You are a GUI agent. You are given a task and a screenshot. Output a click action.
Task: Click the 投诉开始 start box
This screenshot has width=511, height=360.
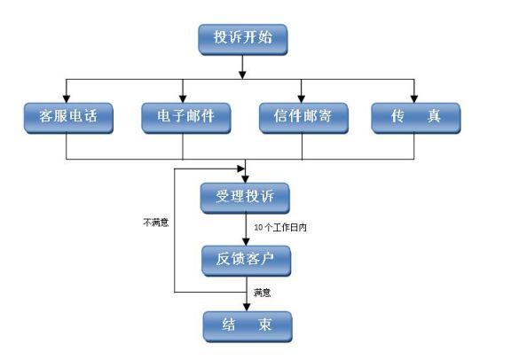tap(244, 37)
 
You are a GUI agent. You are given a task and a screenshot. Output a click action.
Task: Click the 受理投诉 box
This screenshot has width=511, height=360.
tap(246, 197)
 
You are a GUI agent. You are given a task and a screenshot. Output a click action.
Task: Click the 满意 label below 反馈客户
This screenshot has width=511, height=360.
tap(261, 292)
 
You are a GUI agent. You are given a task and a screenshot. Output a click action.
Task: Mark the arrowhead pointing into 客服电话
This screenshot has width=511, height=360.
tap(67, 98)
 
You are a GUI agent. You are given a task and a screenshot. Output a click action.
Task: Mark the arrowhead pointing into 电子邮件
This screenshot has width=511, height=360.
tap(184, 98)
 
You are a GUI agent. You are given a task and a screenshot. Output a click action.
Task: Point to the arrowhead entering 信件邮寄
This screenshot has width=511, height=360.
tap(302, 98)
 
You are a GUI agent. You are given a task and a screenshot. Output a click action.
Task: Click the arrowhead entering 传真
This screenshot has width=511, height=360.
tap(415, 98)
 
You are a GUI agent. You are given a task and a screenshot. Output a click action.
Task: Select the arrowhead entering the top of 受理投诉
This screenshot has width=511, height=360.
tap(246, 177)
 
